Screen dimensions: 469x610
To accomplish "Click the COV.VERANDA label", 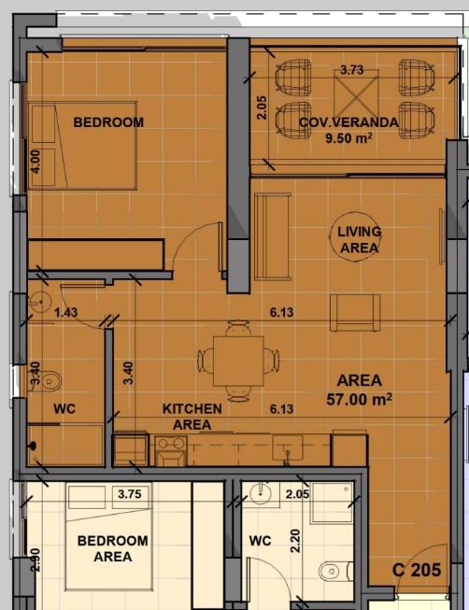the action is (x=348, y=122).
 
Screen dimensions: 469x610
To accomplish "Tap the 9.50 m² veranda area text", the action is (x=348, y=137).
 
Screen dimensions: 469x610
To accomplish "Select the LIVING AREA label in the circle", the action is (x=359, y=240).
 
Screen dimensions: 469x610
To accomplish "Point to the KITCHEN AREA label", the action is (x=192, y=417).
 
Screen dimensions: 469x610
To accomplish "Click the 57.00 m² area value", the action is (x=359, y=399).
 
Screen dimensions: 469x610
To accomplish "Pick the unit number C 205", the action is (x=417, y=570).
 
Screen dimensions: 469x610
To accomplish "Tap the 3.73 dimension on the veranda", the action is (x=352, y=70).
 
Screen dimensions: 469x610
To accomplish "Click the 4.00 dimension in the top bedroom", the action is (x=36, y=162).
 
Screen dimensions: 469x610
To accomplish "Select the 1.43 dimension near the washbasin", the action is (x=65, y=312).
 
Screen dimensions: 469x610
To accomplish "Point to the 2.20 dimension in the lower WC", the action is (x=295, y=541).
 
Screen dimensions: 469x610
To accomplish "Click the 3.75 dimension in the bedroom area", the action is (x=130, y=494).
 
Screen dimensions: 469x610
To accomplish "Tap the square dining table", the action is (x=238, y=361).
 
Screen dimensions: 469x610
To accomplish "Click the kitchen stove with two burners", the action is (x=171, y=451).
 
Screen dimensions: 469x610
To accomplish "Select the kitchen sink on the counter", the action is (x=287, y=447).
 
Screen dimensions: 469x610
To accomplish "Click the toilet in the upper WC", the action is (x=49, y=382).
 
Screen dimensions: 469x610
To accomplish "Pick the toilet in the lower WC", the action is (x=334, y=571).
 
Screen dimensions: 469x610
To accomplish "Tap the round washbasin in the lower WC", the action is (x=261, y=494).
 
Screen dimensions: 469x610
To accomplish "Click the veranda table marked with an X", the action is (x=356, y=92).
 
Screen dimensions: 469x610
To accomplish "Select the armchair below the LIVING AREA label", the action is (x=355, y=313).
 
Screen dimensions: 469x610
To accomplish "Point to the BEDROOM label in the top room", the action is (x=108, y=122).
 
